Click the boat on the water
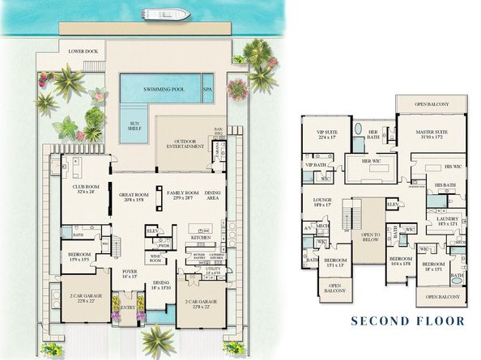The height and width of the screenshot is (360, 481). point(166,14)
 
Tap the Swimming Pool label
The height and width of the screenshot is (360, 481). point(163,88)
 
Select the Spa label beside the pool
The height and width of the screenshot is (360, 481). point(206,88)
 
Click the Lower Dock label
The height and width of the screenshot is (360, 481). point(84,51)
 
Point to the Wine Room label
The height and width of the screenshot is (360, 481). point(155,260)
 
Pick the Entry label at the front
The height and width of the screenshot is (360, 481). point(128,307)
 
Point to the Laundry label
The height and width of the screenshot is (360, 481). point(447,218)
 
